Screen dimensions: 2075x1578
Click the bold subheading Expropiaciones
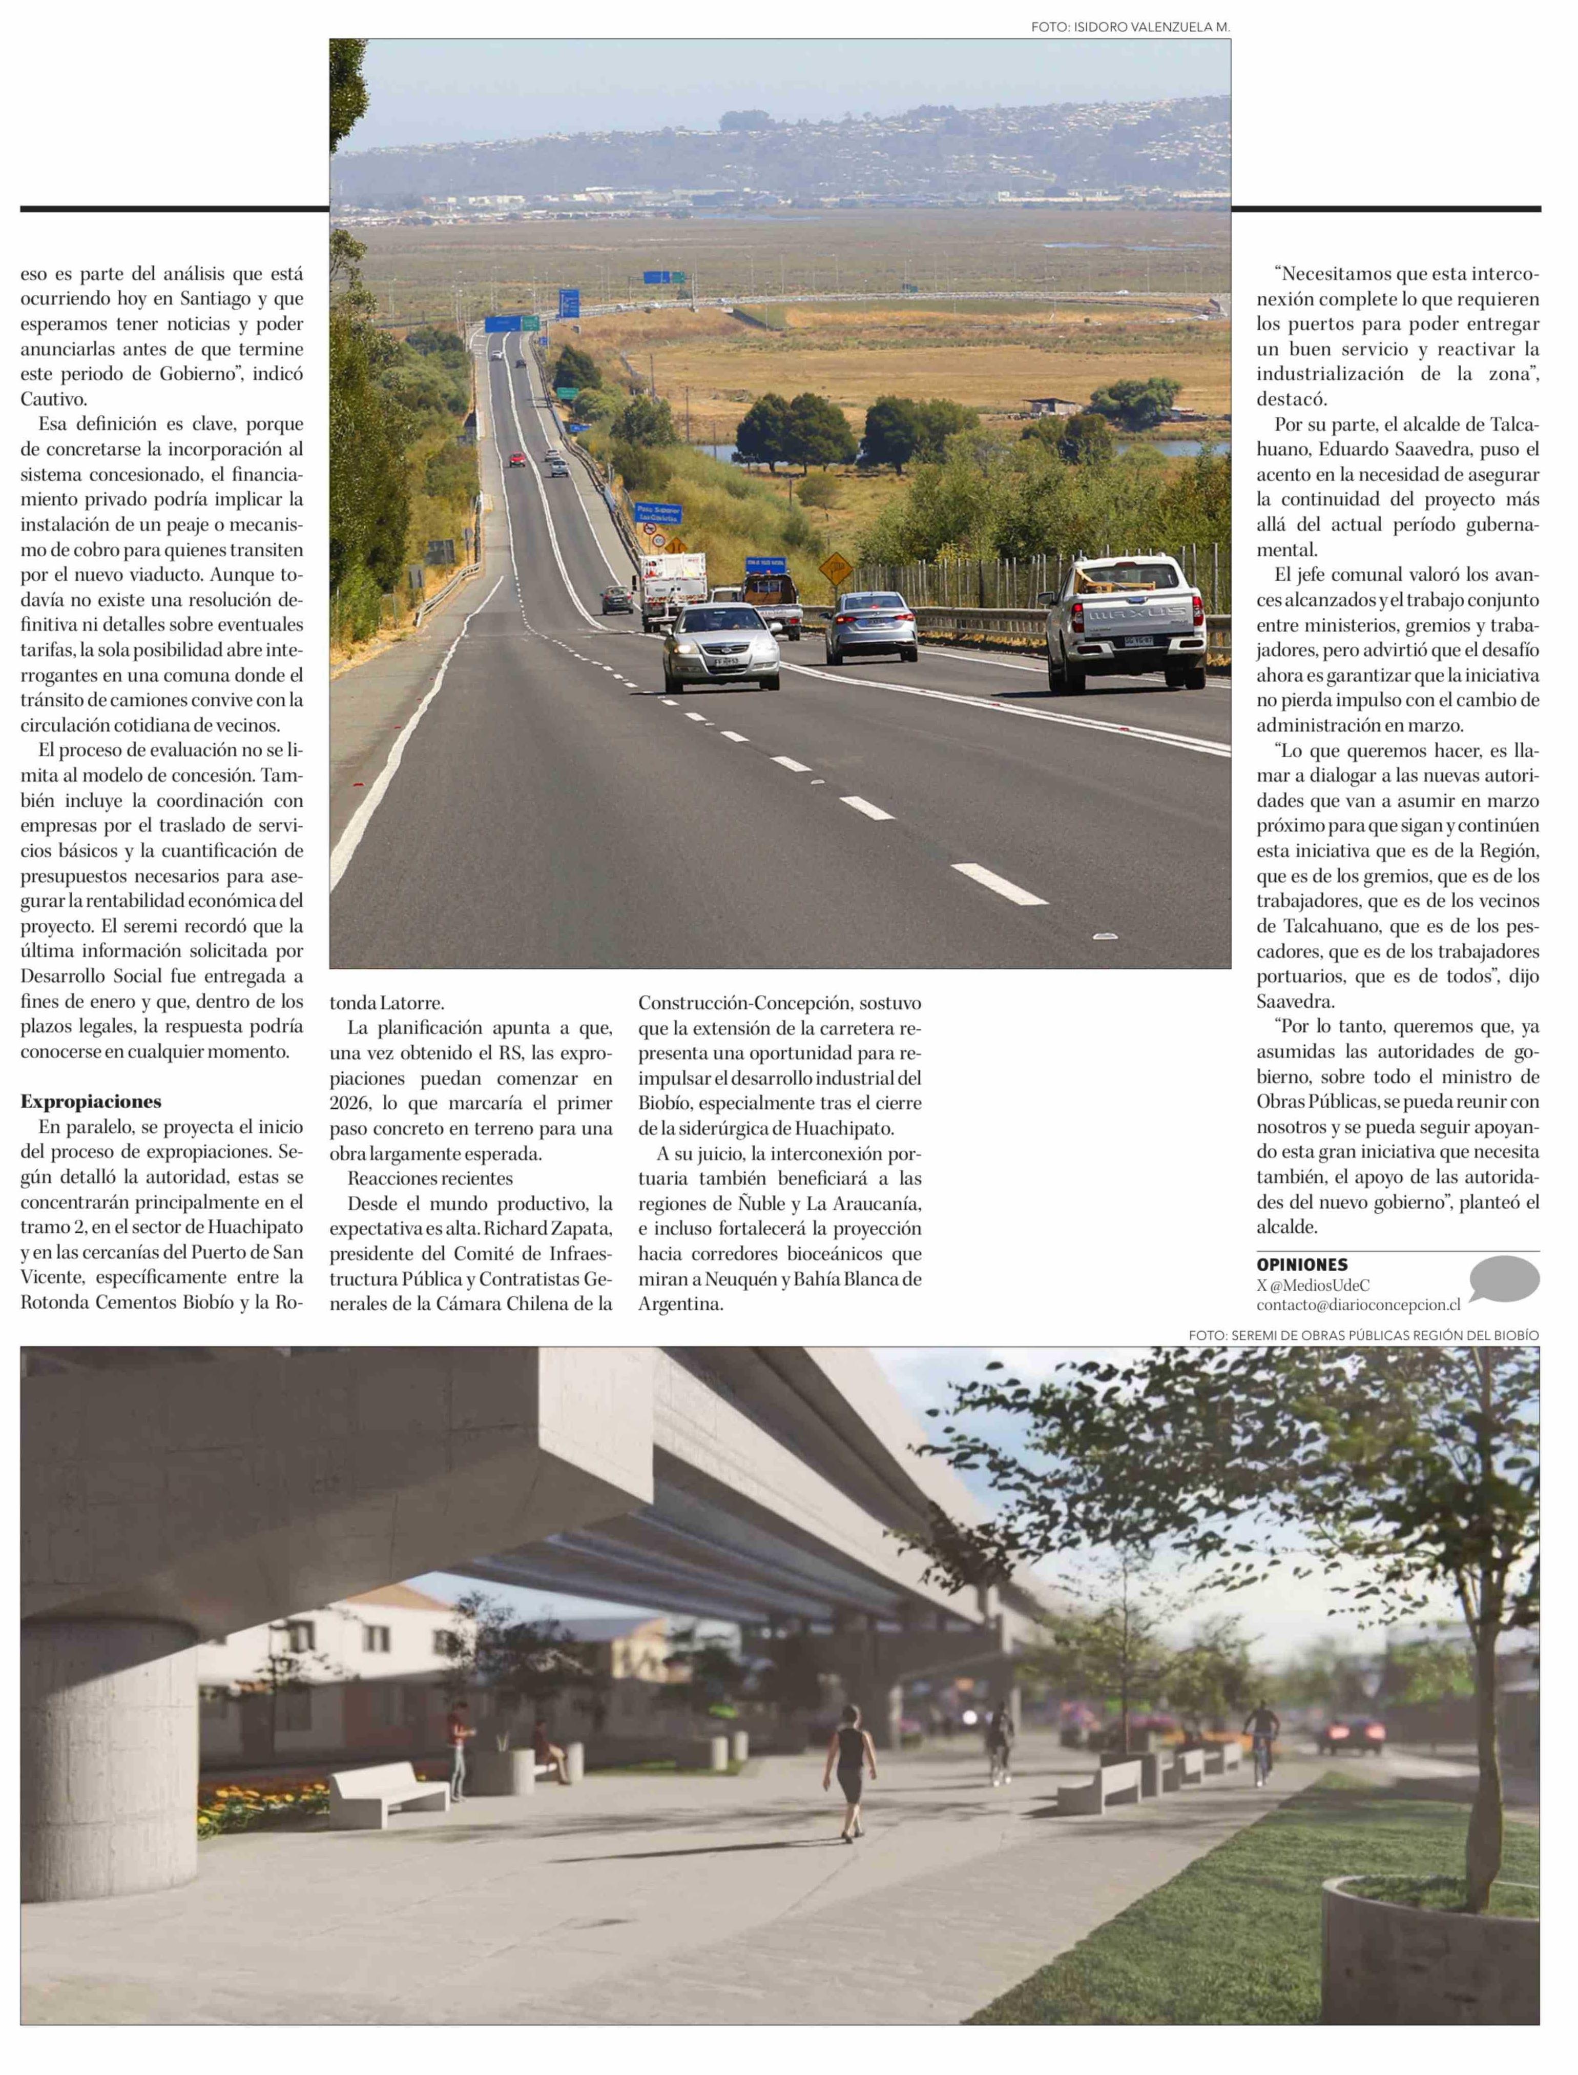[x=91, y=1102]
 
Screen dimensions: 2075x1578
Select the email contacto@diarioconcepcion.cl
[x=1358, y=1305]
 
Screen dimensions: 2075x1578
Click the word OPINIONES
[x=1302, y=1265]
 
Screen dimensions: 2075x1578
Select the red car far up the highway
[x=516, y=459]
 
